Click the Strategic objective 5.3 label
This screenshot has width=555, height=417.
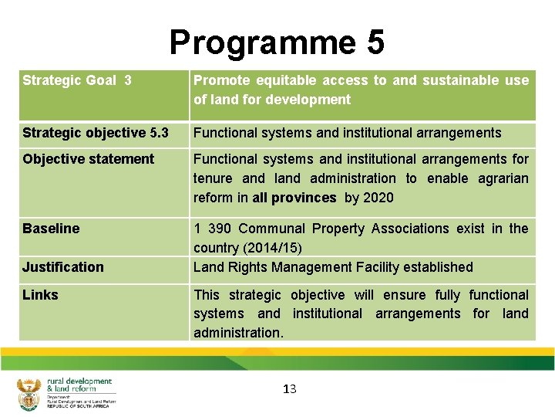96,133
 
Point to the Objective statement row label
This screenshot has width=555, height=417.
89,159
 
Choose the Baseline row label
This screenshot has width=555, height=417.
51,229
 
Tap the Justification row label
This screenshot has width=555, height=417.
62,267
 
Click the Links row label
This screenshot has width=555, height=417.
40,295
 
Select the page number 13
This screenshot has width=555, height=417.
289,388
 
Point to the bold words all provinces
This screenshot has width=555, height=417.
294,198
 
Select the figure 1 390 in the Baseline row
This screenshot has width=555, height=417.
212,229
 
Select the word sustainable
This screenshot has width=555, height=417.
462,80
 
